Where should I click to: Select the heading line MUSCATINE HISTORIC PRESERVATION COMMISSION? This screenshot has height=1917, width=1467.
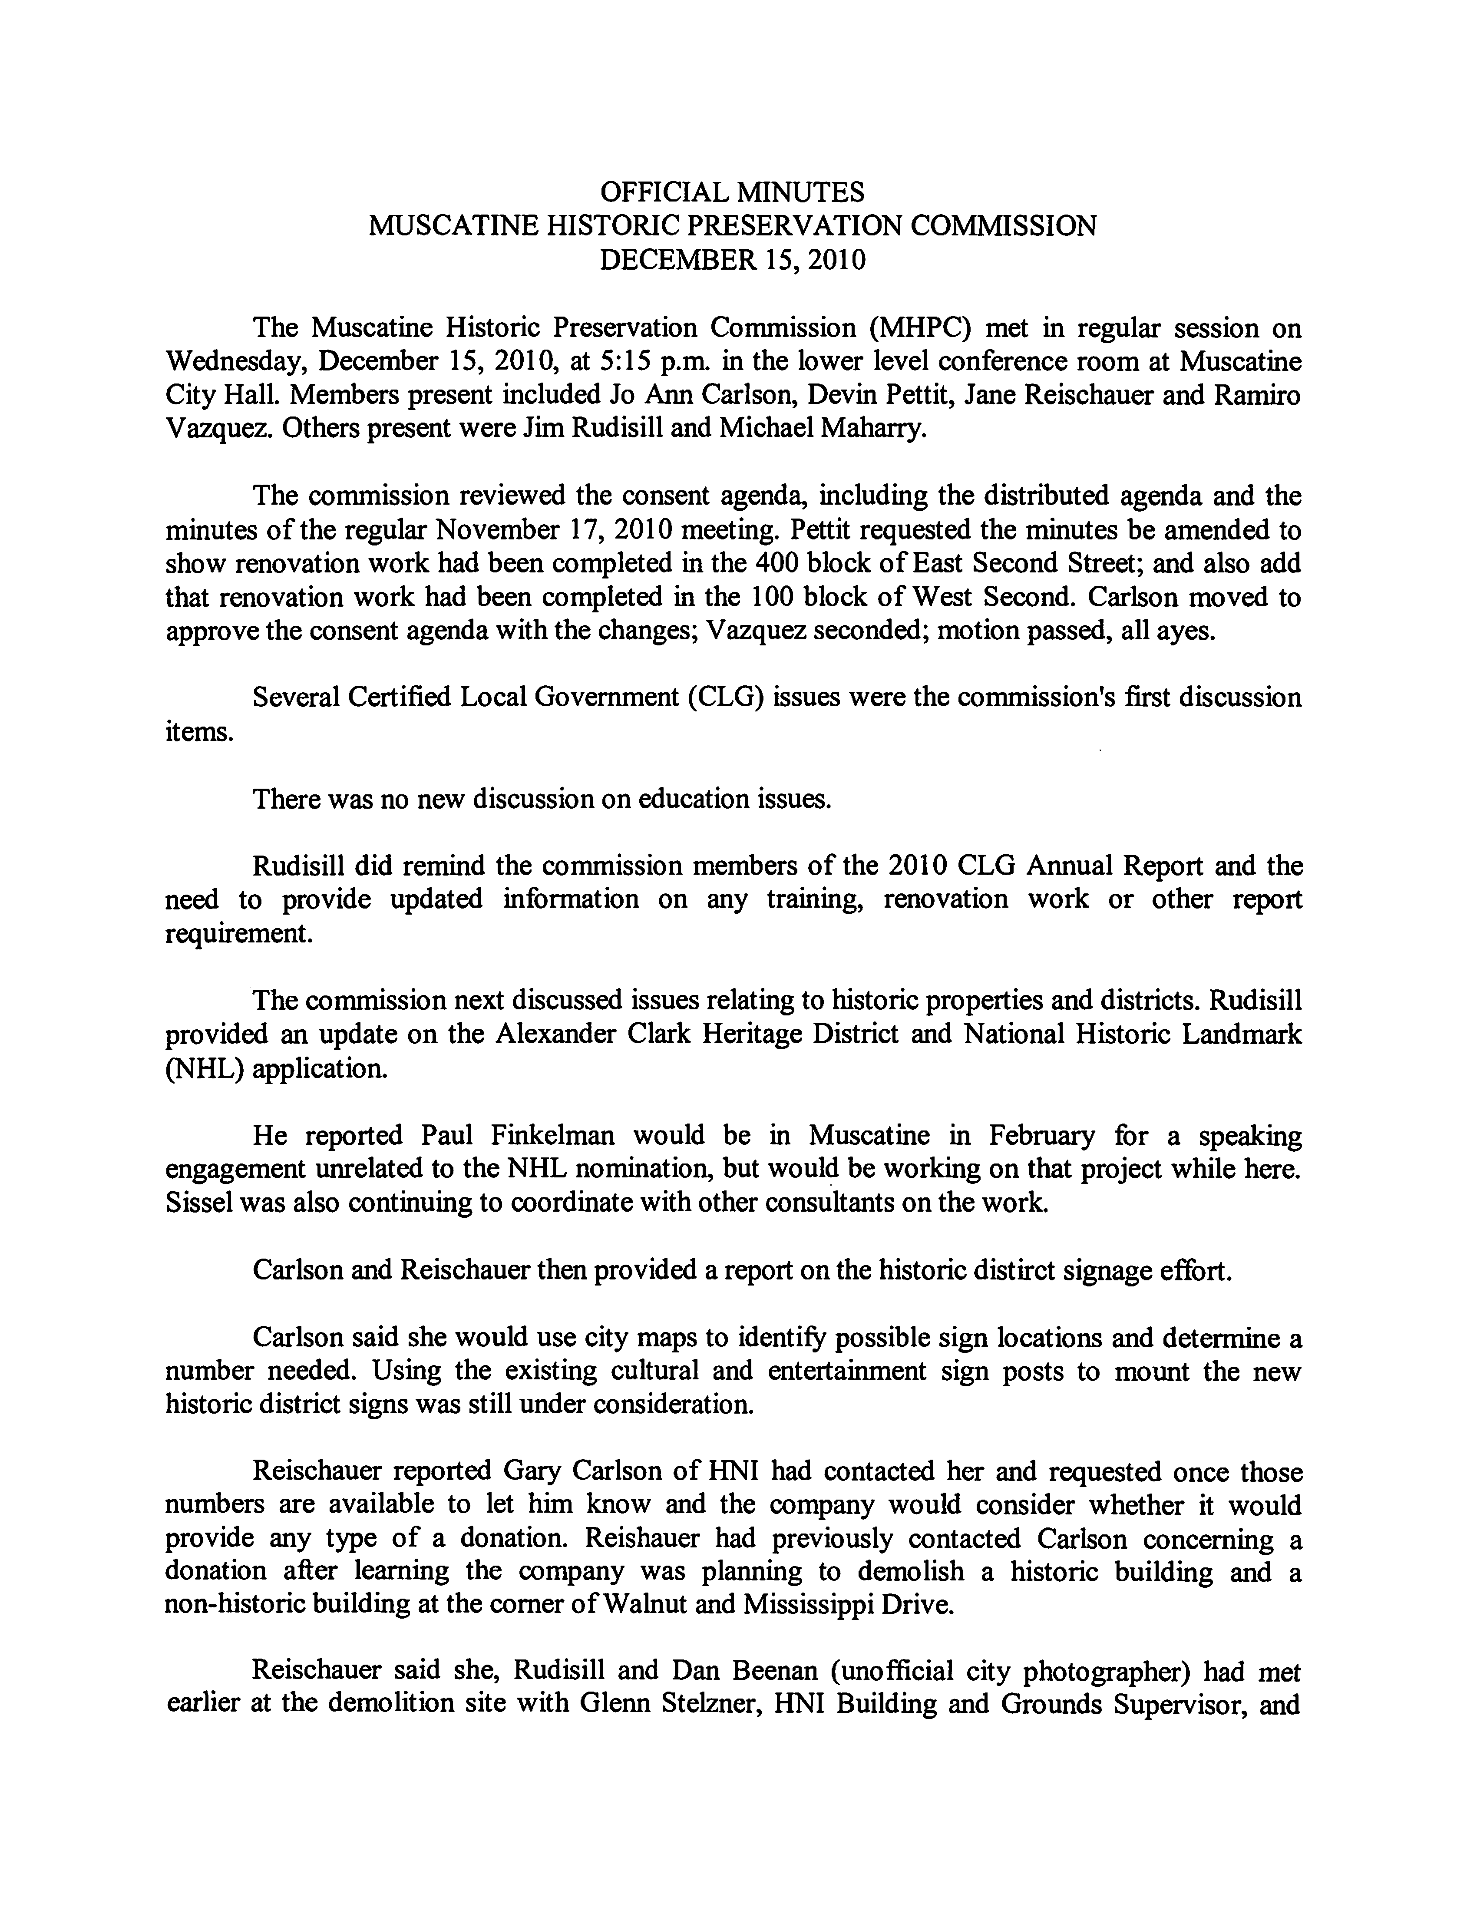[x=733, y=226]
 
